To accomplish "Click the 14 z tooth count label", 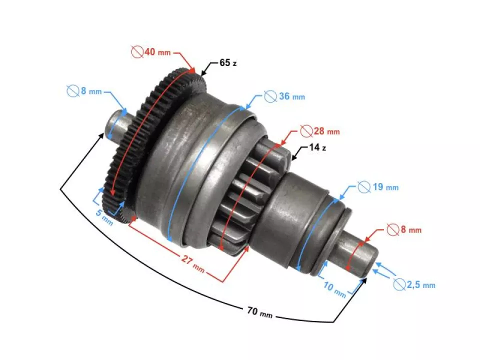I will pyautogui.click(x=317, y=148).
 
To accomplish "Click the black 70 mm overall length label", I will pyautogui.click(x=260, y=313).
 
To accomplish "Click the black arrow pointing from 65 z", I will pyautogui.click(x=209, y=69).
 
